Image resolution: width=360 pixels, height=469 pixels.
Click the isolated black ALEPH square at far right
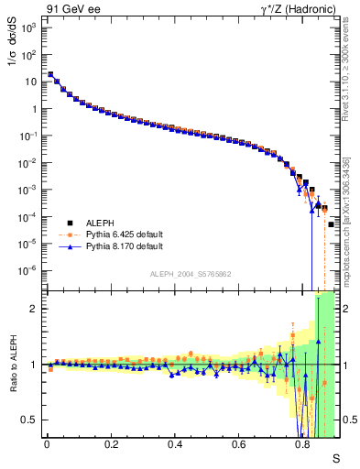tap(331, 224)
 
